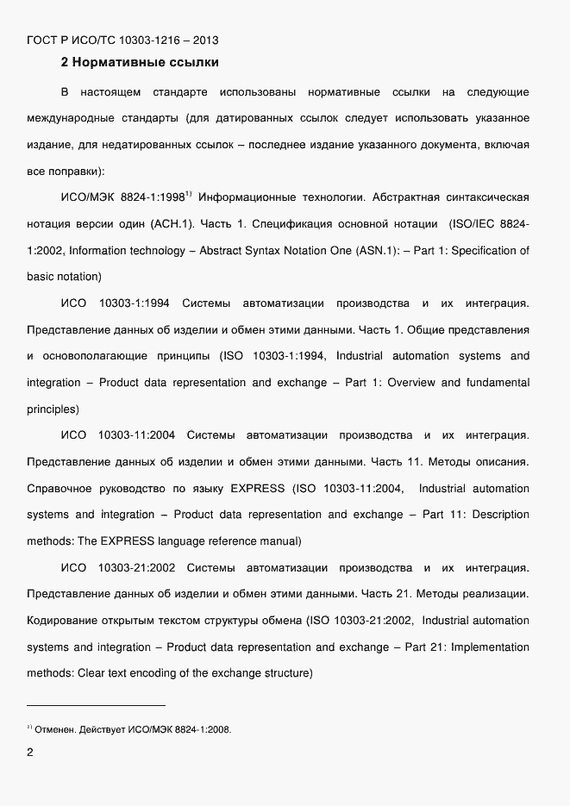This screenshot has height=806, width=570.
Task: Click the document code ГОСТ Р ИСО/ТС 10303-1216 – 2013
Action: pos(122,39)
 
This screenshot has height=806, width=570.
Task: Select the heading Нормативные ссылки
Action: pos(145,62)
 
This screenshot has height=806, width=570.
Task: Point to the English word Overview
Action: pos(412,383)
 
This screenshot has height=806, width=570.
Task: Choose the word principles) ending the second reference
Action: pos(53,409)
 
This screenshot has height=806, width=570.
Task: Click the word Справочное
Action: pos(60,489)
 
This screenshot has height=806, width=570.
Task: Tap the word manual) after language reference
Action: pos(279,541)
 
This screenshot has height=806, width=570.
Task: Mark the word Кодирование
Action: pos(64,621)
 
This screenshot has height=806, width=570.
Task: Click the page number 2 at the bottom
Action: pos(31,753)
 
